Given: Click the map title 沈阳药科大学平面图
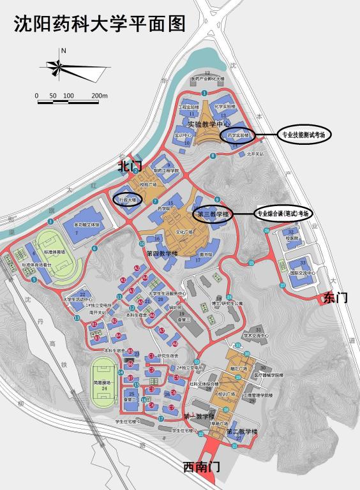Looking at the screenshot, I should [100, 24].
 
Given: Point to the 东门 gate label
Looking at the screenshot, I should [336, 297].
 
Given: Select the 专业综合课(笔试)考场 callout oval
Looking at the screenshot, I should [284, 213].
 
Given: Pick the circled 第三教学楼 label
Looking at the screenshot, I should [213, 214].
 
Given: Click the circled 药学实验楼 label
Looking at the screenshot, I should [237, 136].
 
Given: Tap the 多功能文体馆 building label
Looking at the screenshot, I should [87, 225].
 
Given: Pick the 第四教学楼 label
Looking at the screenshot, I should [161, 253].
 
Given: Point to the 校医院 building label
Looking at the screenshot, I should [292, 237].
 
